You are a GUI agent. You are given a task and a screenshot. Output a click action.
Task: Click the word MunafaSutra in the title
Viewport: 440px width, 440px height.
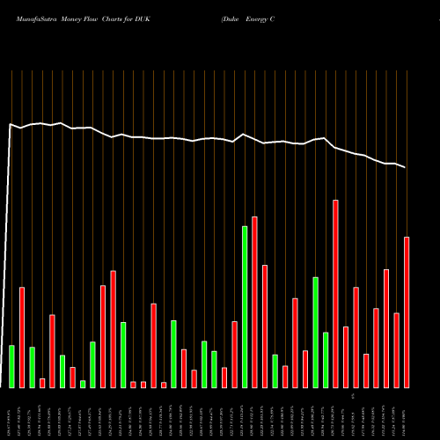[38, 18]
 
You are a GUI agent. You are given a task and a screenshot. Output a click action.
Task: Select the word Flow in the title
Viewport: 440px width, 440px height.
[106, 18]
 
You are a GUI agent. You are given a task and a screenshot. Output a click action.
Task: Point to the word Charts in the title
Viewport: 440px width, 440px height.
[132, 18]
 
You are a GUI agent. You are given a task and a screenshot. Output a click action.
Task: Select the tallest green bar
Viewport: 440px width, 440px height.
[245, 307]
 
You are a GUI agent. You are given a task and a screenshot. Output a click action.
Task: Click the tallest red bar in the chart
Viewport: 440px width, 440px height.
[335, 294]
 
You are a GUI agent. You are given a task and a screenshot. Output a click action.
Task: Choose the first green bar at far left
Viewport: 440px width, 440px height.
[11, 366]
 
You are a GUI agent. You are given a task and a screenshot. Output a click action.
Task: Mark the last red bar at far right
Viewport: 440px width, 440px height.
[407, 312]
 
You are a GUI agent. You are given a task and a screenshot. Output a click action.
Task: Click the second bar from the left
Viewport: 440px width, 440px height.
[22, 337]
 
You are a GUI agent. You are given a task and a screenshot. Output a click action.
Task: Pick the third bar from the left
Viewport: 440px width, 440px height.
[32, 367]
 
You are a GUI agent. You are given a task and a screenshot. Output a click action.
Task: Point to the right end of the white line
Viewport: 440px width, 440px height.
[406, 167]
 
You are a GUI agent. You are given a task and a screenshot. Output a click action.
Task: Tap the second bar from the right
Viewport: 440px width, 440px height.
[396, 350]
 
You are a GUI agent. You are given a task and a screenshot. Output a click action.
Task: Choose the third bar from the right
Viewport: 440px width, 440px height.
[386, 328]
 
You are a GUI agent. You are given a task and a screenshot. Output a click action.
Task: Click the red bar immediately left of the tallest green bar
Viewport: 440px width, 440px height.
[234, 355]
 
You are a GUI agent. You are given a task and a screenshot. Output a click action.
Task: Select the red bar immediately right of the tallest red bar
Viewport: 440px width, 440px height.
[346, 356]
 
